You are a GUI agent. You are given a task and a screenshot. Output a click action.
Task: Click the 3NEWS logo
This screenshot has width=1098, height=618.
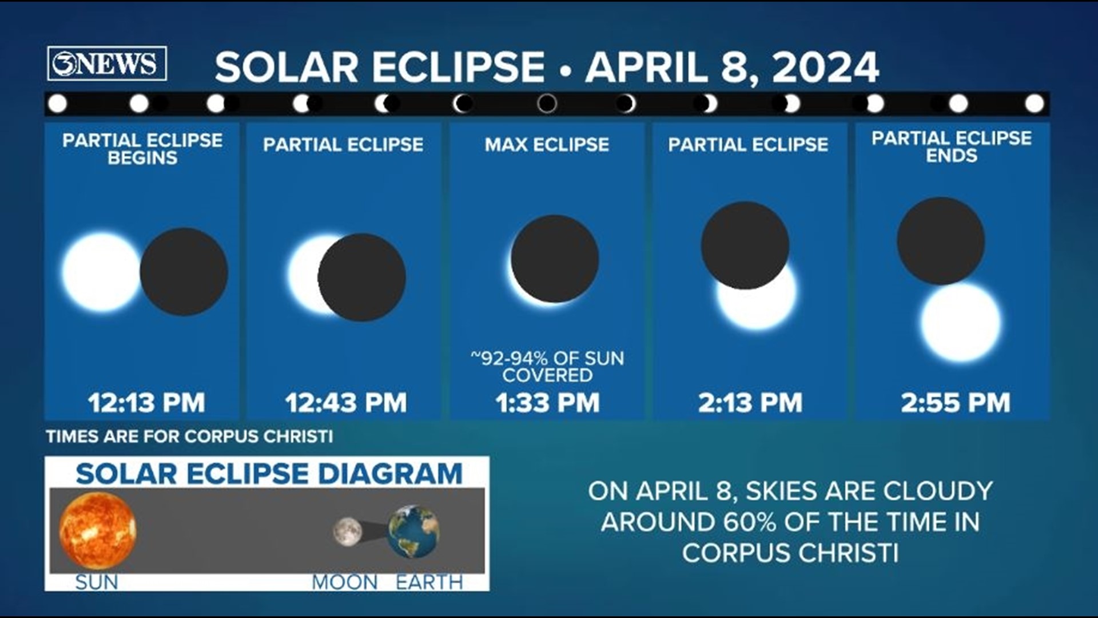pyautogui.click(x=107, y=64)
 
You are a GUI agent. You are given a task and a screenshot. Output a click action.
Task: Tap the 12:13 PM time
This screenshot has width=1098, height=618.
pyautogui.click(x=146, y=403)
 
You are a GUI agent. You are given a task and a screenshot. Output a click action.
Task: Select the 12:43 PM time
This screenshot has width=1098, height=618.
pyautogui.click(x=346, y=403)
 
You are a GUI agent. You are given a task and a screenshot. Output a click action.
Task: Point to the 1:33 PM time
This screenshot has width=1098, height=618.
pyautogui.click(x=547, y=403)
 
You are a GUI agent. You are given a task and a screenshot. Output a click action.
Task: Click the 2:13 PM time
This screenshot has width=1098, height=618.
pyautogui.click(x=750, y=403)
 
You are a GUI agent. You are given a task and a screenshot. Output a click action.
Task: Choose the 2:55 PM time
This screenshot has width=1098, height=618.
pyautogui.click(x=956, y=403)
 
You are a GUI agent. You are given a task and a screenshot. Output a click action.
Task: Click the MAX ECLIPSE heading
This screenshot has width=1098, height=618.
pyautogui.click(x=547, y=145)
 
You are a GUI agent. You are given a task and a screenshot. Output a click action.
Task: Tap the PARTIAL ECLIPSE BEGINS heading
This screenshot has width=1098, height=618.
pyautogui.click(x=142, y=149)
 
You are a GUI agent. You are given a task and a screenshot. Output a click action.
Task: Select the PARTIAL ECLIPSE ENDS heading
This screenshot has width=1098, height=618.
pyautogui.click(x=952, y=146)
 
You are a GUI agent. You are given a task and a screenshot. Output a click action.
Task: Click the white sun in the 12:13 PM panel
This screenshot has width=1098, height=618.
pyautogui.click(x=102, y=272)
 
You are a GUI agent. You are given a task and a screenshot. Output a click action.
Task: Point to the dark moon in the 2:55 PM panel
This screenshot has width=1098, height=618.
pyautogui.click(x=941, y=241)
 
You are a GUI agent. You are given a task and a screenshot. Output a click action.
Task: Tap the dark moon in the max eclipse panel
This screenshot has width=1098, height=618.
pyautogui.click(x=555, y=259)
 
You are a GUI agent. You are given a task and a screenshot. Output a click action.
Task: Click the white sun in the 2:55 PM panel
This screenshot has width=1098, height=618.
pyautogui.click(x=961, y=322)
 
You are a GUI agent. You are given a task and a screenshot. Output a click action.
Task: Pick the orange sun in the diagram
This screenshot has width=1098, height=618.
pyautogui.click(x=98, y=530)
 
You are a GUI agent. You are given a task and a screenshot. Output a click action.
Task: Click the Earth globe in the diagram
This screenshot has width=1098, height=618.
pyautogui.click(x=414, y=532)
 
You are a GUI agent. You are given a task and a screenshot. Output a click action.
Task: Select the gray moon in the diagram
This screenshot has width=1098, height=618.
pyautogui.click(x=347, y=532)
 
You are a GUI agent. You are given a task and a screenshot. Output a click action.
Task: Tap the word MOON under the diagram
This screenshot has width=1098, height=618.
pyautogui.click(x=345, y=583)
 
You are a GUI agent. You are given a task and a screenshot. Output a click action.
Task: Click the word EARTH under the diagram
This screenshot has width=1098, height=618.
pyautogui.click(x=429, y=583)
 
